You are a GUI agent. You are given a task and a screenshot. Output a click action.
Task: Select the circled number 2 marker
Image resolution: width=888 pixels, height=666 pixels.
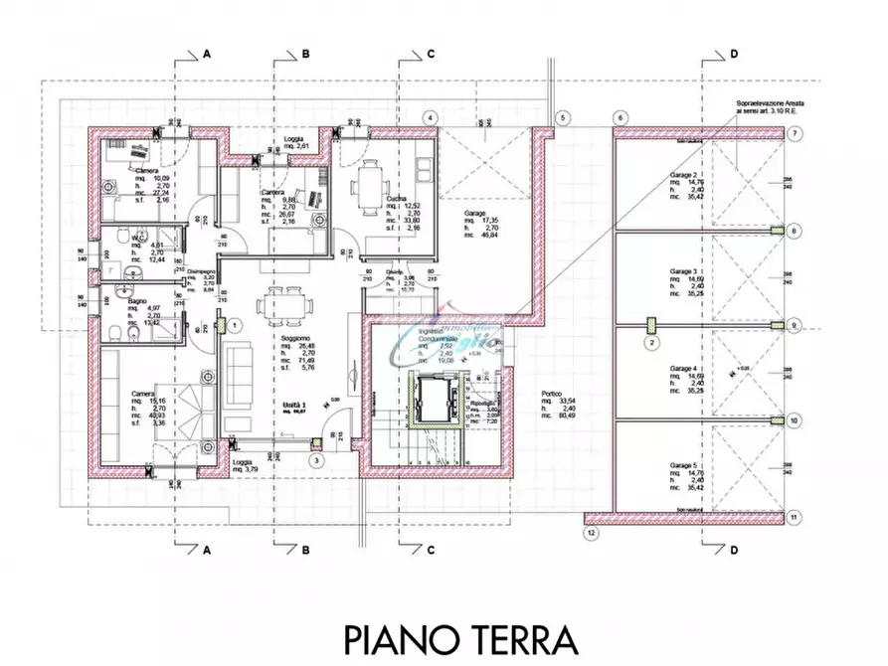point(651,344)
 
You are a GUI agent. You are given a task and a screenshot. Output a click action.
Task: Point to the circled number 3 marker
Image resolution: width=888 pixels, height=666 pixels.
point(315,460)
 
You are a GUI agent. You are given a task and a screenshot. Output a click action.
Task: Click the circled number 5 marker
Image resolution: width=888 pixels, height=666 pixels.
point(562,118)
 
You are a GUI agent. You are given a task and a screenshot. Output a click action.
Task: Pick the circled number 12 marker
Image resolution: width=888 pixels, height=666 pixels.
point(591,534)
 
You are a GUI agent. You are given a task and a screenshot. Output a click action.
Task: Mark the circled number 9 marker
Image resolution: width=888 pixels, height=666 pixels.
point(794,325)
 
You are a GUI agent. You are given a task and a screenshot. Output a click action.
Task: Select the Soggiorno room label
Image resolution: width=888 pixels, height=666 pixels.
point(293,338)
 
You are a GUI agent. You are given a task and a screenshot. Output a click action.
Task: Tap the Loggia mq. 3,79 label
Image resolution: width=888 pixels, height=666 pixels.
point(243,462)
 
